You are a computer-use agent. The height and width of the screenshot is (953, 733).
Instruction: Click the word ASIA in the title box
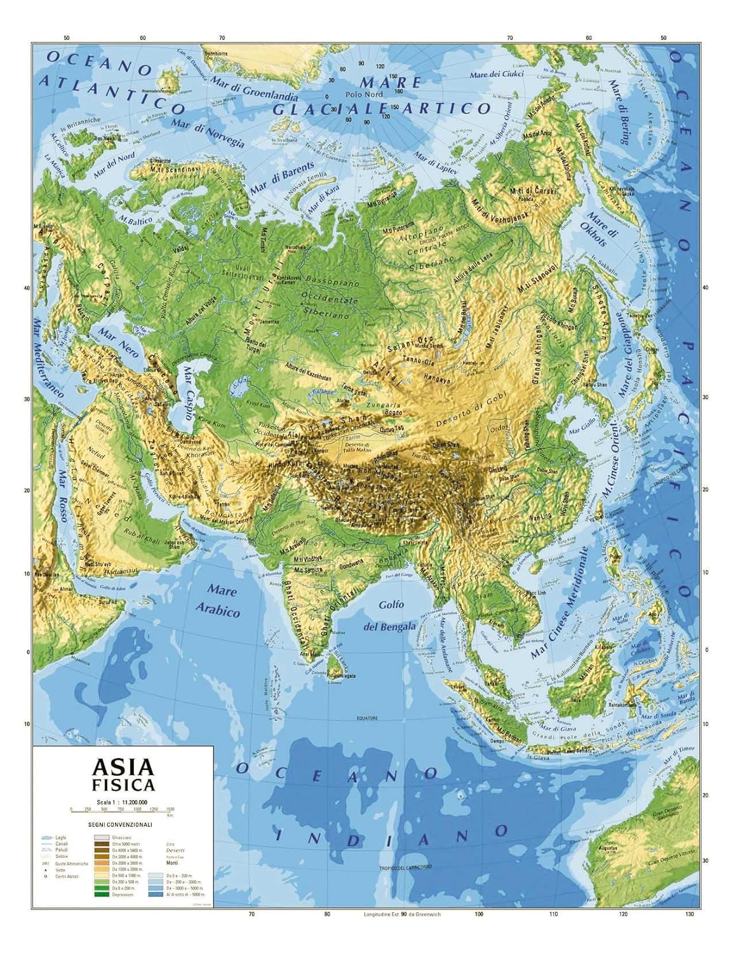pyautogui.click(x=123, y=767)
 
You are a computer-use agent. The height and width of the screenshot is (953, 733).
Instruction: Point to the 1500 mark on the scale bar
pyautogui.click(x=170, y=809)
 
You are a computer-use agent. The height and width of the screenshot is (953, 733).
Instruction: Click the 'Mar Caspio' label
pyautogui.click(x=189, y=391)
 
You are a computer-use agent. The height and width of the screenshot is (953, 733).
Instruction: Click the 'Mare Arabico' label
pyautogui.click(x=219, y=600)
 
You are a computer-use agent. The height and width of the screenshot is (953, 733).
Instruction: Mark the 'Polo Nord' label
pyautogui.click(x=365, y=94)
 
